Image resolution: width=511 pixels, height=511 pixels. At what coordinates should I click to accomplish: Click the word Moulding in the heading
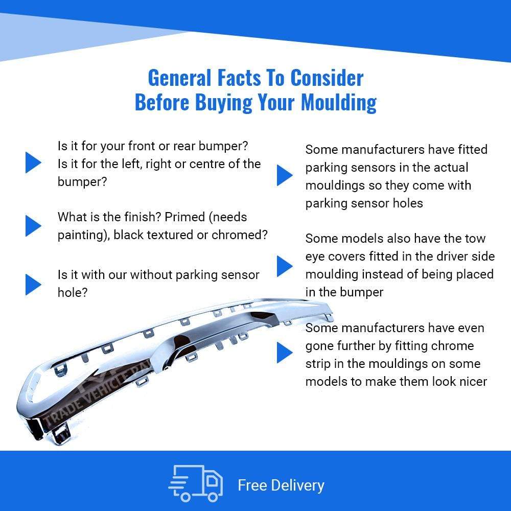[x=339, y=103]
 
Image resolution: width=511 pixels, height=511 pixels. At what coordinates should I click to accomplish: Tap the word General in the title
[x=179, y=78]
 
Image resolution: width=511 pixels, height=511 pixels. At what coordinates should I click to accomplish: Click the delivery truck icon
[x=196, y=483]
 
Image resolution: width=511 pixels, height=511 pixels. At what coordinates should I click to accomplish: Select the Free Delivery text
[x=281, y=485]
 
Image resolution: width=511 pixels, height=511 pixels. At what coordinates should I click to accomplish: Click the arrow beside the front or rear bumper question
[x=33, y=162]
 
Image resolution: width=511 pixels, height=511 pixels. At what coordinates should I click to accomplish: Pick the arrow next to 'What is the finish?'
[x=33, y=225]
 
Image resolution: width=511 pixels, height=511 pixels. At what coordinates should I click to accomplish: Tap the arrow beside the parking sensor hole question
[x=33, y=285]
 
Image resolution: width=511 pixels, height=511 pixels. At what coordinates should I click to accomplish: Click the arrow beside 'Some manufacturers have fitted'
[x=285, y=175]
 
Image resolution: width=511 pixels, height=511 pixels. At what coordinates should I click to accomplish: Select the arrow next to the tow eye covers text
[x=285, y=266]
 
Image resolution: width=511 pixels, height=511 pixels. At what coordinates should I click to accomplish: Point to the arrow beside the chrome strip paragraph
[x=285, y=352]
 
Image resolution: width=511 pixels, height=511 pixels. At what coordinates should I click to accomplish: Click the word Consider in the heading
[x=327, y=78]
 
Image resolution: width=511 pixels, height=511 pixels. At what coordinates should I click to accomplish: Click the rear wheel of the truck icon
[x=213, y=497]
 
